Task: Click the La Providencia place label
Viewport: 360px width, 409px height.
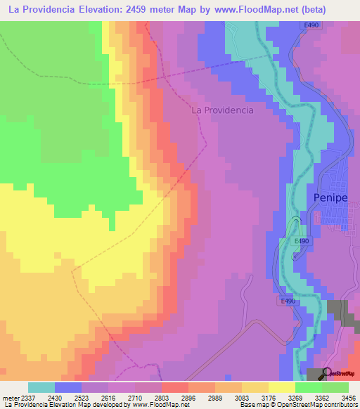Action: coord(223,110)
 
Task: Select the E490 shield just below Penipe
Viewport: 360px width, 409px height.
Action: coord(302,241)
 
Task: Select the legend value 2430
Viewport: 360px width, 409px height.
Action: coord(65,398)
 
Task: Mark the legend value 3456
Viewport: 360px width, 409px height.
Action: coord(346,398)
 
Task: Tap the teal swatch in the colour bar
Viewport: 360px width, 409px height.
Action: coord(41,387)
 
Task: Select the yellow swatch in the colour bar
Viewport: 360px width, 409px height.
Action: coord(281,387)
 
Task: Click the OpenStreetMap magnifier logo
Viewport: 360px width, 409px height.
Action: coord(328,373)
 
